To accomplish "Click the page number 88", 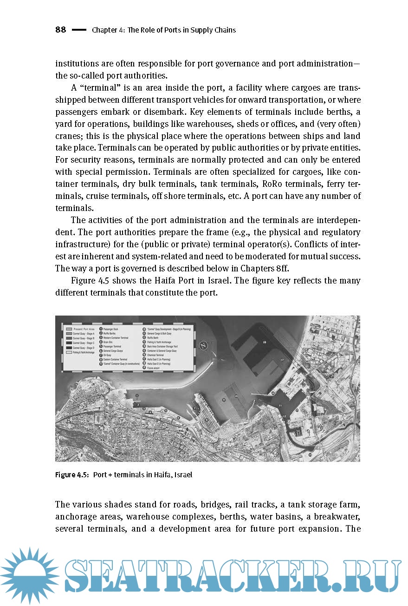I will [x=60, y=30].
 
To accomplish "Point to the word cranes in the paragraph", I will [x=68, y=136].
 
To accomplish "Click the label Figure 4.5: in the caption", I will [x=72, y=475].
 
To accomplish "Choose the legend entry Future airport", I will [x=154, y=368].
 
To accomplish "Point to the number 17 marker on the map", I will [x=282, y=360].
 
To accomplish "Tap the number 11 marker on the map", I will [x=280, y=405].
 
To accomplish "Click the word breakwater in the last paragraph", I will [x=337, y=517].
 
